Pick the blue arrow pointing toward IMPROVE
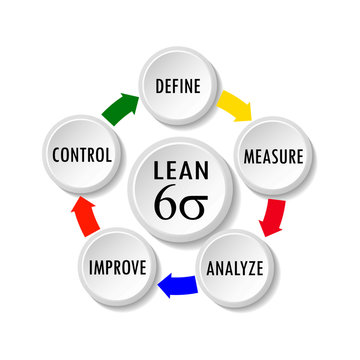(x=177, y=287)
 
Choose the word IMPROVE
(x=118, y=268)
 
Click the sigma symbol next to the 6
(x=192, y=202)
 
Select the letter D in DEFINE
(x=159, y=85)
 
